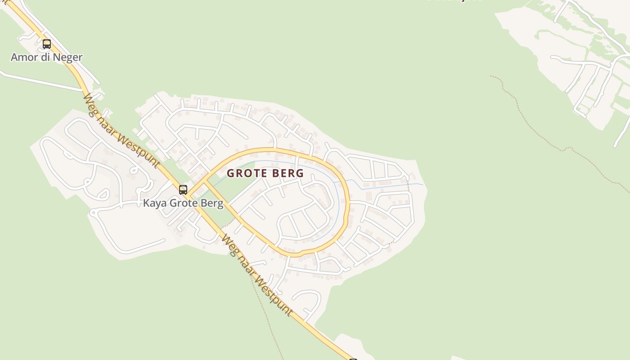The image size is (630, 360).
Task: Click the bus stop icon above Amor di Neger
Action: [x=47, y=44]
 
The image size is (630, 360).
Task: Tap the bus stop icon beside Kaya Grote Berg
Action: [x=183, y=189]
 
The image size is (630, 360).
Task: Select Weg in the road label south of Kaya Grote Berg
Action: [x=229, y=244]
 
